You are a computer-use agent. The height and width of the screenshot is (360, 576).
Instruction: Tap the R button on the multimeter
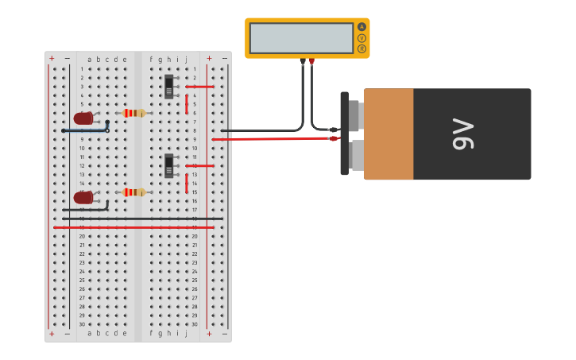[x=362, y=48]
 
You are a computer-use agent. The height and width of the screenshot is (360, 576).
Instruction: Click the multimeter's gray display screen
[x=301, y=38]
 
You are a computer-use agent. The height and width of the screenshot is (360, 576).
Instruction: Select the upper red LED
[x=83, y=118]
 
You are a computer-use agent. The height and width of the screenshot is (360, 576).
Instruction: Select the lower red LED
[x=83, y=197]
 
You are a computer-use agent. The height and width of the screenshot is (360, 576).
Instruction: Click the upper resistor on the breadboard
[x=134, y=113]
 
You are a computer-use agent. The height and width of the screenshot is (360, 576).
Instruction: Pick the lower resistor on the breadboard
[x=134, y=192]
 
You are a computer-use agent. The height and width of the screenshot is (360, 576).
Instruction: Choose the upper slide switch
[x=168, y=86]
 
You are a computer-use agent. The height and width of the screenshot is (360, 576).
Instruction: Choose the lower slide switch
[x=168, y=165]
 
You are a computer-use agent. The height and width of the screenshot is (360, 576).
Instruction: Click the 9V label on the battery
[x=462, y=134]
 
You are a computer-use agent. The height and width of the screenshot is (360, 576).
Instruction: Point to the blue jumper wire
[x=86, y=130]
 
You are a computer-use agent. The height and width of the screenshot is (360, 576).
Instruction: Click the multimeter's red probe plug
[x=311, y=61]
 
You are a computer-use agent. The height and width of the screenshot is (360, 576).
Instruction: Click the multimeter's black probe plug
[x=303, y=61]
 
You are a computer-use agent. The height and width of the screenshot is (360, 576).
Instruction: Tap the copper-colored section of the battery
[x=389, y=134]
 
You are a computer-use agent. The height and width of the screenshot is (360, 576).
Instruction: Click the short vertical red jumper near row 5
[x=187, y=104]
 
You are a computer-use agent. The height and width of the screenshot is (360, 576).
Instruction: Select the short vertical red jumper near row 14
[x=187, y=184]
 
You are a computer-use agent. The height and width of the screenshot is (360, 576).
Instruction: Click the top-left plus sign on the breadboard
[x=52, y=58]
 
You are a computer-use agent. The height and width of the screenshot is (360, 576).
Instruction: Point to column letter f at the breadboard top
[x=151, y=59]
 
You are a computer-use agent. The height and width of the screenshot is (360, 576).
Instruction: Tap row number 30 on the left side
[x=82, y=324]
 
